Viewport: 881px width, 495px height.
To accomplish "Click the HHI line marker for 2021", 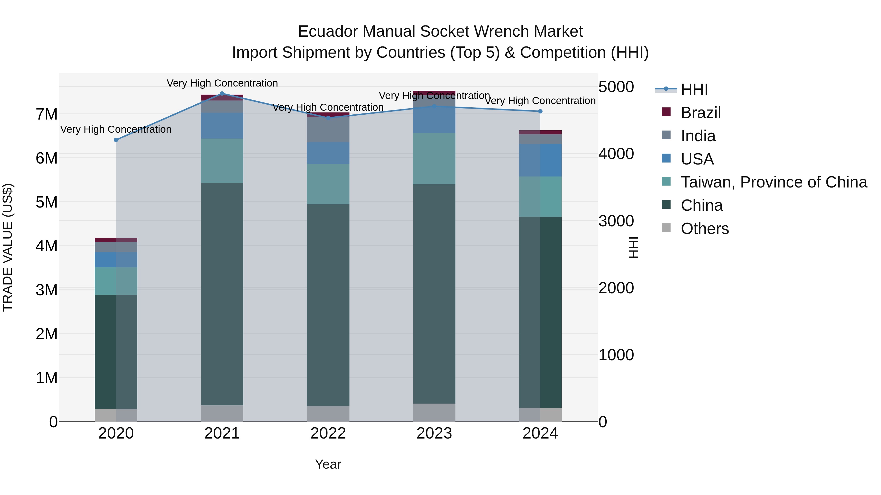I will (222, 94).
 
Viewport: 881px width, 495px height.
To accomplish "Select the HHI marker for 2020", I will (116, 140).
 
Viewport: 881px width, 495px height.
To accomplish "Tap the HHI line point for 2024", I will (540, 111).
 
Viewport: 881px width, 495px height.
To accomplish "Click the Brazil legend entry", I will (700, 113).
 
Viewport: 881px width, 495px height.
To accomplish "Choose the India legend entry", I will (698, 136).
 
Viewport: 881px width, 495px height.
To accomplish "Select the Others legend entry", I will (705, 229).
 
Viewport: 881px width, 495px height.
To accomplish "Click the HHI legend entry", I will (694, 89).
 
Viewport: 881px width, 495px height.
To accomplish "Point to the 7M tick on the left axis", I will (47, 114).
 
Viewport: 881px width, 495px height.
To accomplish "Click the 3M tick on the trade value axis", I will (47, 290).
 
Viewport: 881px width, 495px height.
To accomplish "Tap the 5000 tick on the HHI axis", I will (616, 87).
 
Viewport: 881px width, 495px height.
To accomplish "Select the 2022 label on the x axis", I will (328, 433).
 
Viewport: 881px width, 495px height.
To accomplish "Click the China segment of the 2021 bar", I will (222, 294).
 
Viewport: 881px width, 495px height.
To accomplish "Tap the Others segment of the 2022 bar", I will (328, 414).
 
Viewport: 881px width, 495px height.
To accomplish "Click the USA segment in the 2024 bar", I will (540, 160).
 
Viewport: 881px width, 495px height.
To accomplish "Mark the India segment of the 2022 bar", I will (328, 130).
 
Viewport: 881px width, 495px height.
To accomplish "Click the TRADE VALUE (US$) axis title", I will (8, 247).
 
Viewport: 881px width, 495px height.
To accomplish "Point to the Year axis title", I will (328, 464).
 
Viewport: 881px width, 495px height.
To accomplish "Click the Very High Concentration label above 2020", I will (116, 130).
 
